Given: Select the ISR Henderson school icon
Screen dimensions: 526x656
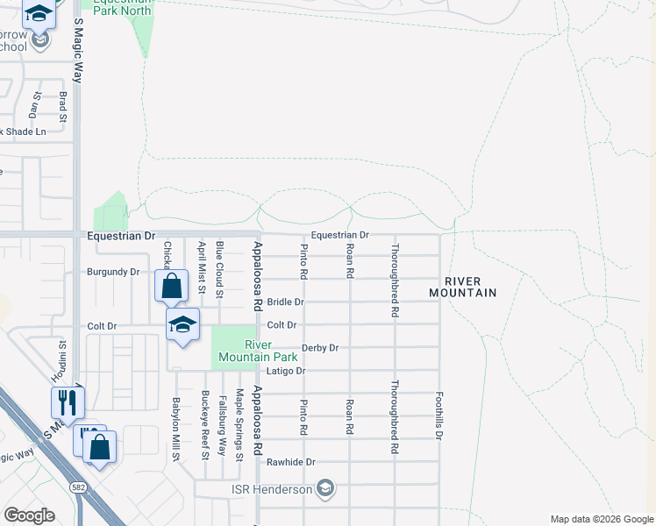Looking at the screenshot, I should pyautogui.click(x=325, y=488).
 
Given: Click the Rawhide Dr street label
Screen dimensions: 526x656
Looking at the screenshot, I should pyautogui.click(x=298, y=462).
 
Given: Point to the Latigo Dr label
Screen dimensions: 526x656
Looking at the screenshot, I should pyautogui.click(x=287, y=371).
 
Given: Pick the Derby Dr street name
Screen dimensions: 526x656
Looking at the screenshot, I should pyautogui.click(x=320, y=348).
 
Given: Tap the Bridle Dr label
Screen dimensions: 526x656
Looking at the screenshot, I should pyautogui.click(x=286, y=302).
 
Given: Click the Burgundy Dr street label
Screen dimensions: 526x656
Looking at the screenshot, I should pyautogui.click(x=112, y=272).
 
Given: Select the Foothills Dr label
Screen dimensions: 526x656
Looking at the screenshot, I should pyautogui.click(x=439, y=416).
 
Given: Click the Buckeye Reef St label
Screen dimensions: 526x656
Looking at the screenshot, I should pyautogui.click(x=204, y=425).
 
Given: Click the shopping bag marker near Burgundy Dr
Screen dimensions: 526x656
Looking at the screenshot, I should pyautogui.click(x=171, y=285).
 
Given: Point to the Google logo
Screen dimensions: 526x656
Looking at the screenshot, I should pyautogui.click(x=28, y=515).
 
